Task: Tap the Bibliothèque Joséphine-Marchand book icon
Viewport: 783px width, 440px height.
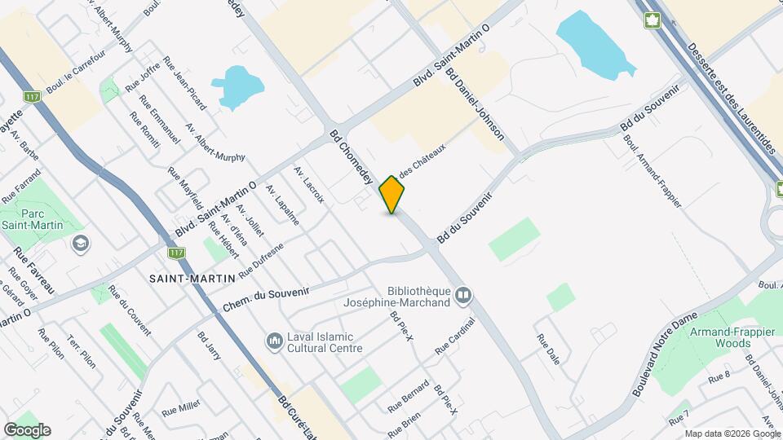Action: (x=463, y=295)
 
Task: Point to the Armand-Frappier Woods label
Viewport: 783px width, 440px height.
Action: (x=719, y=337)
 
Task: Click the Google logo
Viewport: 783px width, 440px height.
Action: (x=27, y=430)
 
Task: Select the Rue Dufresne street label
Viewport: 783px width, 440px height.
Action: (x=261, y=262)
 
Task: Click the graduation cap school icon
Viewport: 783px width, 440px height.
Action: (x=81, y=243)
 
